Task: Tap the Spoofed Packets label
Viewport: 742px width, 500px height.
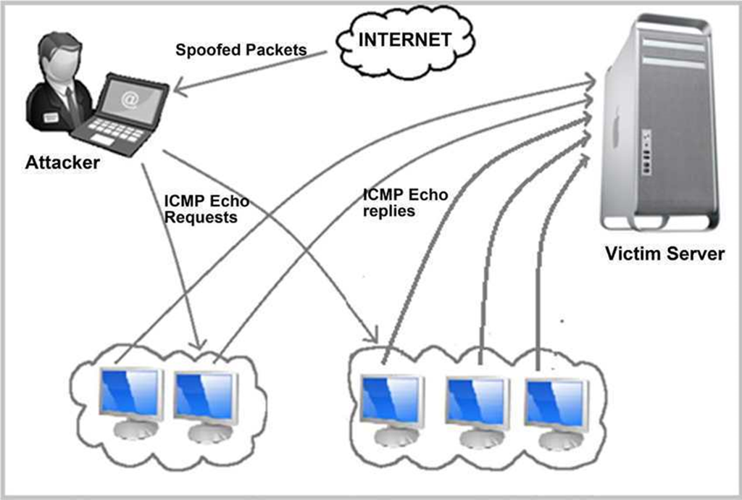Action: click(x=241, y=51)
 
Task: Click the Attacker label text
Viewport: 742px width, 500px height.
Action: click(x=62, y=162)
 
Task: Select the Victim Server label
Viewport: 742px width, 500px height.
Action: click(x=664, y=254)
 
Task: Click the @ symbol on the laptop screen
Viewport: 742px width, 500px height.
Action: click(x=130, y=101)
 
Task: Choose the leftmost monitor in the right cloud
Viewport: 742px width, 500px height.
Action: click(x=392, y=400)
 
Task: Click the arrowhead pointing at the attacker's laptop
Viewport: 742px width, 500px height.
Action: click(x=180, y=91)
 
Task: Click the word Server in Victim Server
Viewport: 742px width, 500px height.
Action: click(x=695, y=254)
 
